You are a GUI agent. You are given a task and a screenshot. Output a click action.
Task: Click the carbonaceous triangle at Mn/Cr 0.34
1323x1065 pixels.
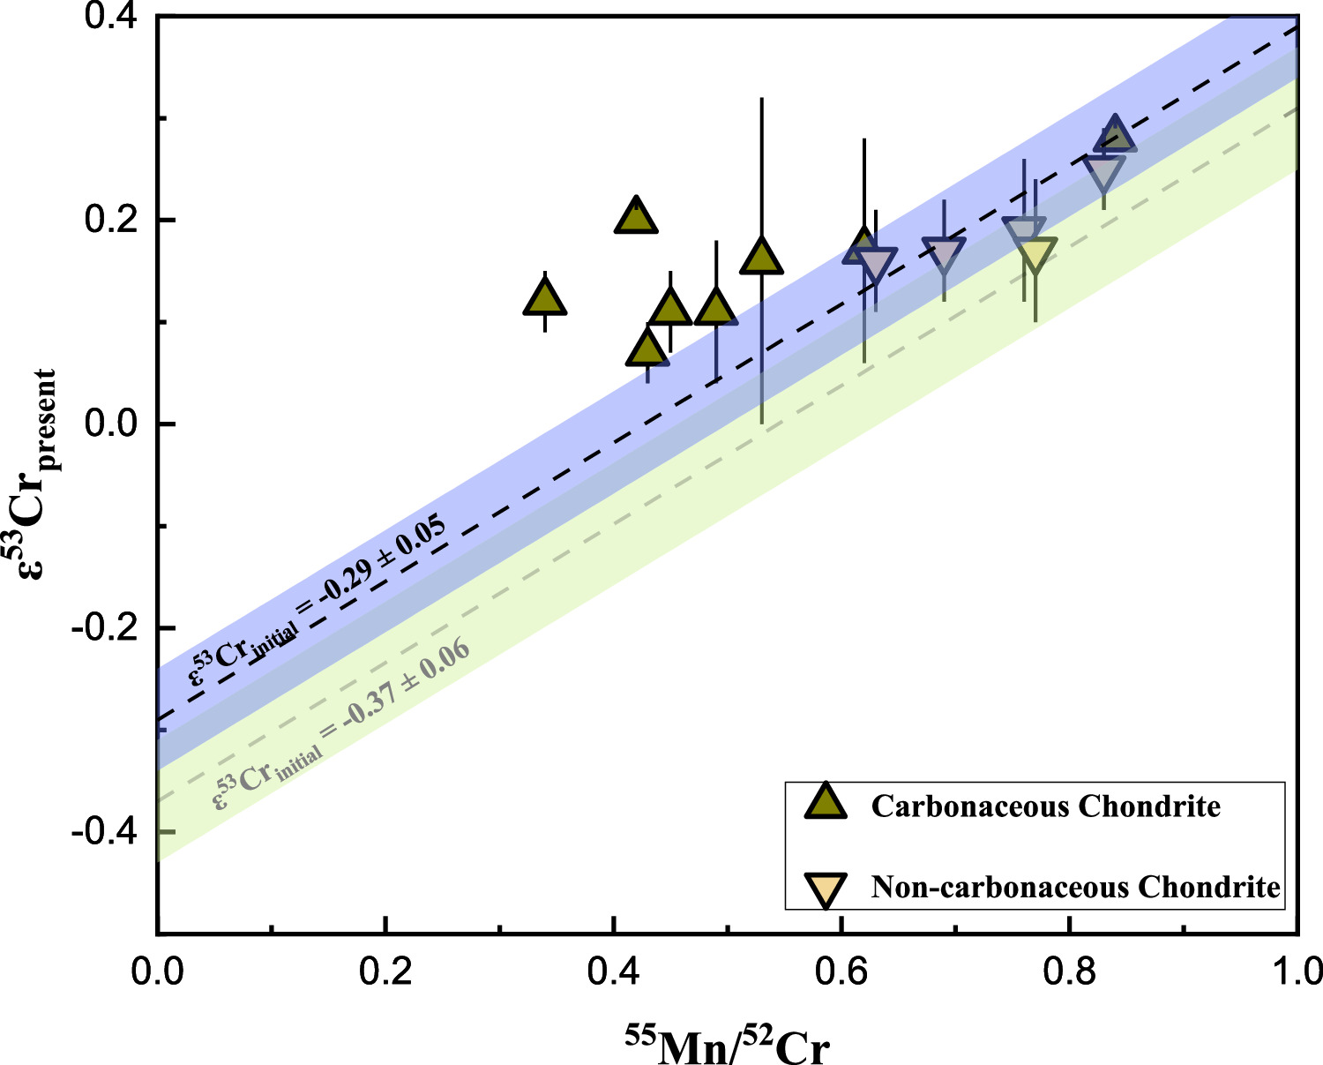pyautogui.click(x=545, y=299)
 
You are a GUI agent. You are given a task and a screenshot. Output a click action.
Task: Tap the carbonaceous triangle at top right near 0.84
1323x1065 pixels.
pyautogui.click(x=1115, y=135)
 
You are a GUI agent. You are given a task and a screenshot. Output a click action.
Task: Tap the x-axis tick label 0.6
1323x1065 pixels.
pyautogui.click(x=841, y=971)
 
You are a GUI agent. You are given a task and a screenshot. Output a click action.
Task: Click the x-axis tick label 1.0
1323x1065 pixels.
pyautogui.click(x=1297, y=971)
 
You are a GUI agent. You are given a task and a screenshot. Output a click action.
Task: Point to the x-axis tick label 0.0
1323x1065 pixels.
pyautogui.click(x=157, y=971)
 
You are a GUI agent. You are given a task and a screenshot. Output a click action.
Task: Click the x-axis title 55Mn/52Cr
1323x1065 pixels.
pyautogui.click(x=728, y=1045)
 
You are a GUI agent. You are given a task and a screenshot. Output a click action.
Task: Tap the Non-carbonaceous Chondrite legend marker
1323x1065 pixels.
pyautogui.click(x=826, y=889)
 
